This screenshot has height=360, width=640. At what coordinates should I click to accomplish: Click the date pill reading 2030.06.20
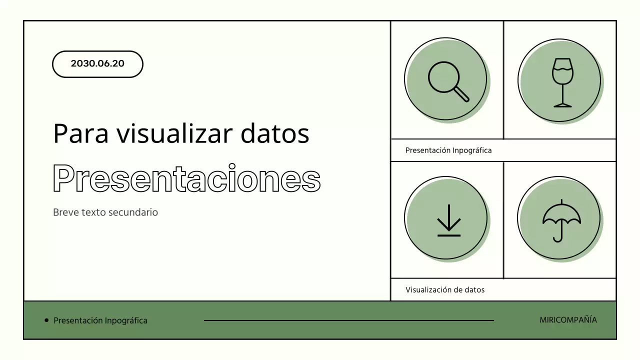tap(97, 64)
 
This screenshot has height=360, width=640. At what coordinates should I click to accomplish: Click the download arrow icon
tap(448, 220)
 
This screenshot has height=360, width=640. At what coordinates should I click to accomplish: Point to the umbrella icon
tap(561, 220)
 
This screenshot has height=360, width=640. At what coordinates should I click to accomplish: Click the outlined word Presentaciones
tap(186, 178)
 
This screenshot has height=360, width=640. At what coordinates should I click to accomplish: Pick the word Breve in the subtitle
tap(66, 212)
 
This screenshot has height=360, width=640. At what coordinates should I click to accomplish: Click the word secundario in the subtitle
tap(134, 212)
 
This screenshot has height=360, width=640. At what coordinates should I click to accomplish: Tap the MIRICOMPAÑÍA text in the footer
tap(568, 320)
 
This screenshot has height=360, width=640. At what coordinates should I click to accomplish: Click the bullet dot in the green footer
tap(47, 320)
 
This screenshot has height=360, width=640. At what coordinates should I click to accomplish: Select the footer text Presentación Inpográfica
tap(100, 320)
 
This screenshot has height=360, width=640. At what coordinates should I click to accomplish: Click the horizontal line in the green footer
tap(349, 320)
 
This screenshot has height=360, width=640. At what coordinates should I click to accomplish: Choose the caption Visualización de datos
tap(445, 289)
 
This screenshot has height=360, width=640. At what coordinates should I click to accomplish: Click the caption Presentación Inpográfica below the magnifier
tap(448, 150)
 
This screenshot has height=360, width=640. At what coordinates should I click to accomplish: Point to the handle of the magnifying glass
tap(461, 94)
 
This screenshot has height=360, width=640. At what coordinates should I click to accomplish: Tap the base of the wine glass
tap(562, 105)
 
